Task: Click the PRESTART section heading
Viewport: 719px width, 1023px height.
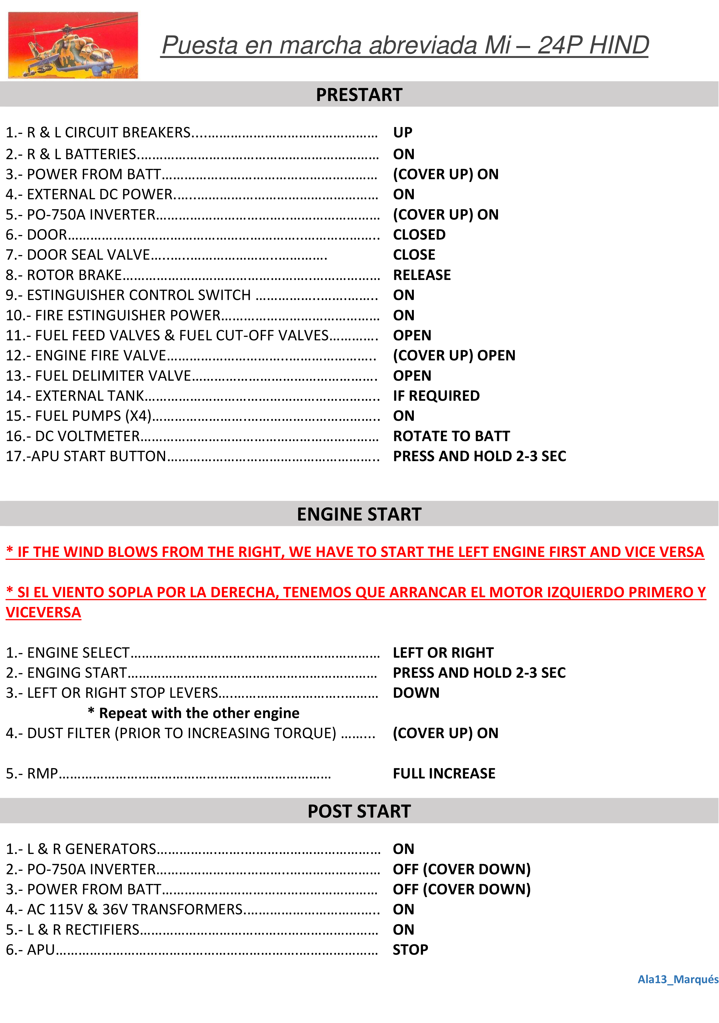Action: [x=359, y=95]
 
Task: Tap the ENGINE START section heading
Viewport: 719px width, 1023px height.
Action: [x=359, y=514]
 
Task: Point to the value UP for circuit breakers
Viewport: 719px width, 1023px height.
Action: [x=403, y=132]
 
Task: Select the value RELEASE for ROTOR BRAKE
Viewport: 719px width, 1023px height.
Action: [x=422, y=275]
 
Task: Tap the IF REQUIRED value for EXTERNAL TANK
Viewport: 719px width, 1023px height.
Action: [x=436, y=396]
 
